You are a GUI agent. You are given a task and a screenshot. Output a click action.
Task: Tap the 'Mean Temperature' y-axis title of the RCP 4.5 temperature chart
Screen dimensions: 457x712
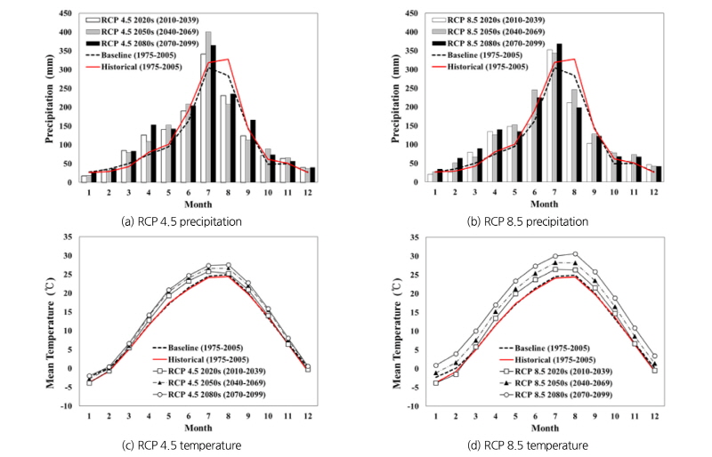[38, 322]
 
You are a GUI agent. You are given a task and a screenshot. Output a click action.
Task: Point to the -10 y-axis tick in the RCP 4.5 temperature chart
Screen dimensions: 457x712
[64, 406]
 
